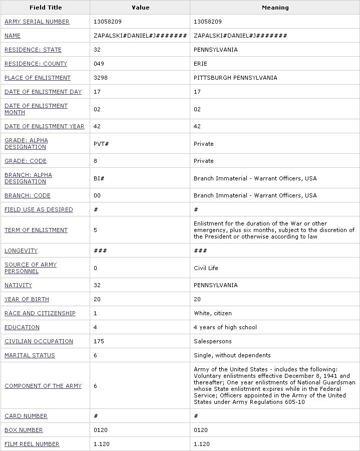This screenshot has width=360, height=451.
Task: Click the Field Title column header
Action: tap(45, 8)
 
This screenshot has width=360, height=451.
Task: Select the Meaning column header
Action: tap(275, 8)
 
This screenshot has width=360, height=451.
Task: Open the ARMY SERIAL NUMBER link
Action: tap(37, 22)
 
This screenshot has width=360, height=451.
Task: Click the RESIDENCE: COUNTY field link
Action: tap(36, 64)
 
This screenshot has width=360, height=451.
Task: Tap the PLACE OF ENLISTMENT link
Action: tap(38, 78)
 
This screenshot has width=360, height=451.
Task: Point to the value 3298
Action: tap(101, 78)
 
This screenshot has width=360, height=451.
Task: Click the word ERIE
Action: tap(200, 64)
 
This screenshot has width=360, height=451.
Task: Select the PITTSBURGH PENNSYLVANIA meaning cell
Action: tap(235, 78)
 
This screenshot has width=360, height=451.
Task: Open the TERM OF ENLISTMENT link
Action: tap(36, 230)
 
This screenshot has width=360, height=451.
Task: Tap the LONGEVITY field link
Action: tap(21, 251)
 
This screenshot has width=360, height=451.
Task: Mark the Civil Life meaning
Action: tap(206, 268)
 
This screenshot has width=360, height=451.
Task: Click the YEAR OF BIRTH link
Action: tap(27, 299)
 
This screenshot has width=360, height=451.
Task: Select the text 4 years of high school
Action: tap(225, 327)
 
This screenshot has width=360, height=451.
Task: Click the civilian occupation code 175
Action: tap(99, 341)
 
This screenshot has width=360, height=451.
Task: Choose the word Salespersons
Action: tap(213, 341)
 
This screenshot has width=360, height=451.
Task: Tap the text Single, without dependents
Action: tap(232, 355)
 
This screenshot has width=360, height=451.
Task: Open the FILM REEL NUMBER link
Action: tap(32, 444)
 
